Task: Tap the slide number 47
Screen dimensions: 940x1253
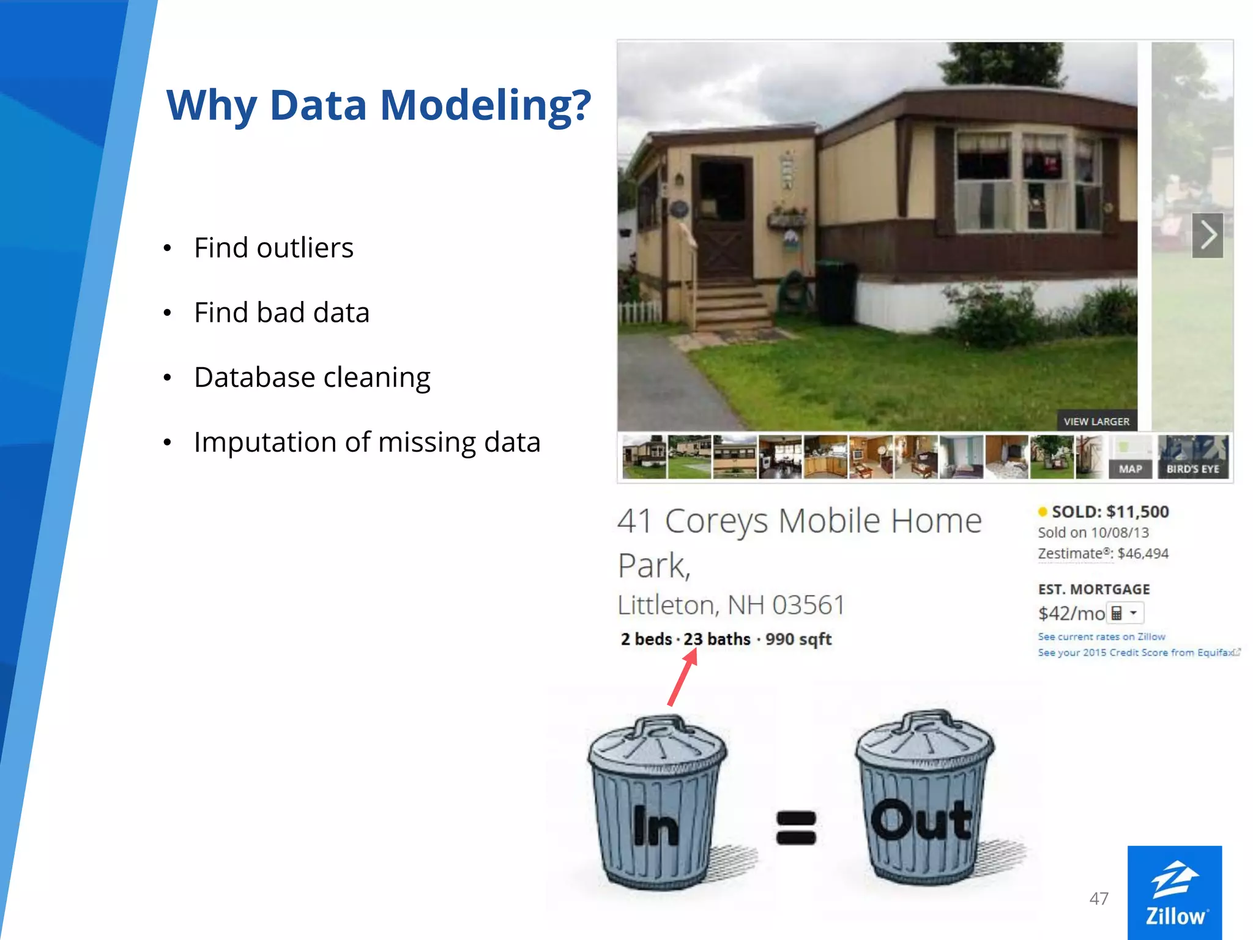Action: (1099, 898)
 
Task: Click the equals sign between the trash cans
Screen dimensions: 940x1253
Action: (795, 827)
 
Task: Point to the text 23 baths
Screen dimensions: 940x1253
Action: (716, 639)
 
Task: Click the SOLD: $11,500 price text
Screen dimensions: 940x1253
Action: (1109, 512)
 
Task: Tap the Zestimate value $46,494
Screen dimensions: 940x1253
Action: (1142, 553)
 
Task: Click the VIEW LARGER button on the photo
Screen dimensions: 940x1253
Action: (1096, 421)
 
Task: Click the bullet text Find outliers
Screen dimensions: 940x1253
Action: (273, 248)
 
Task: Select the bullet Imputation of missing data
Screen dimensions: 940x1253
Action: (367, 442)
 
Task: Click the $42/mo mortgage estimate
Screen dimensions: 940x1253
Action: (1071, 613)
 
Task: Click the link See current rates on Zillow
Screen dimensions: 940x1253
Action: (1101, 636)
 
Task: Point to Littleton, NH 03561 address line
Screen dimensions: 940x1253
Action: (731, 605)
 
